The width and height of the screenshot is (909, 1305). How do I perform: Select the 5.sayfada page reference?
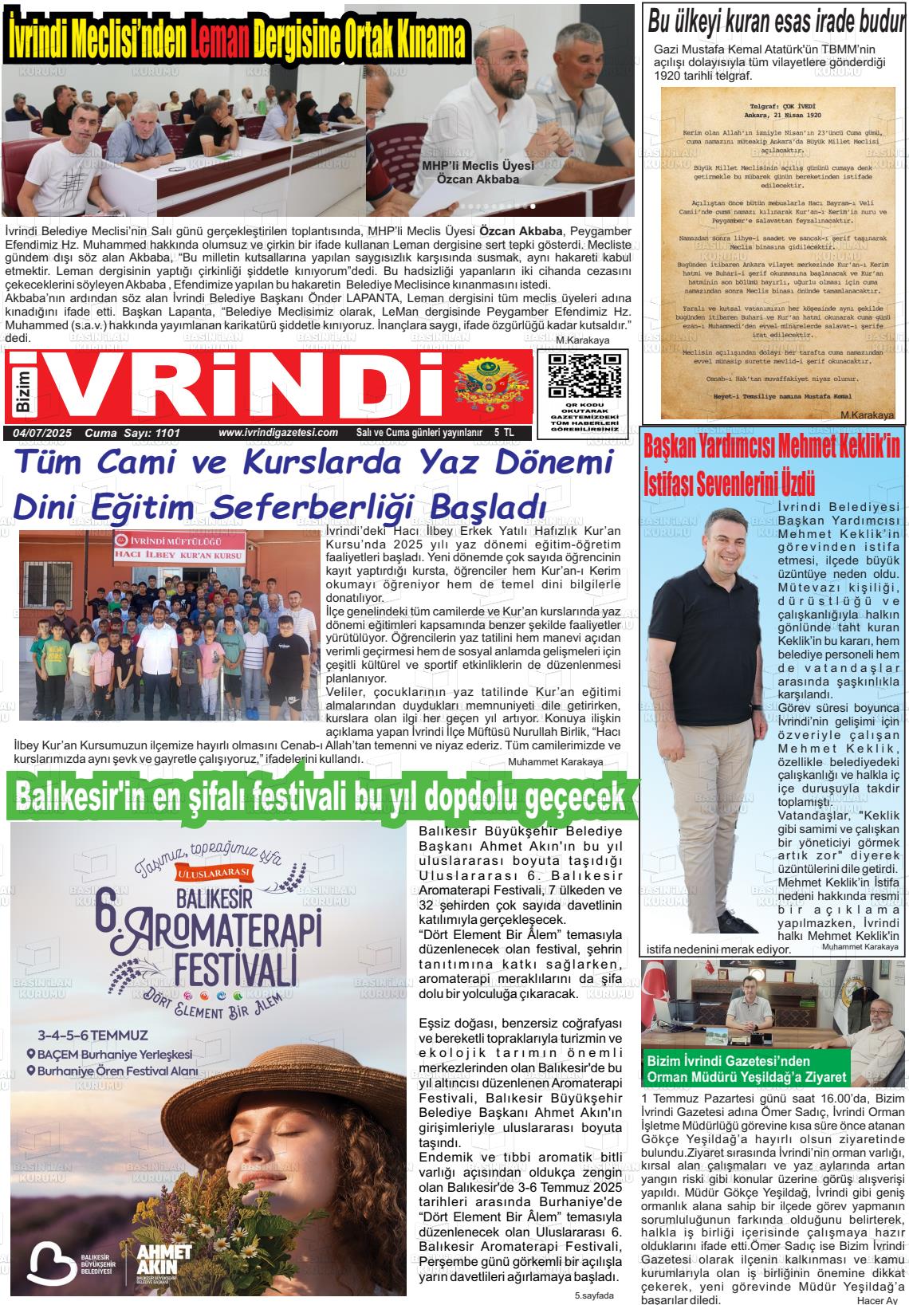[594, 1295]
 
